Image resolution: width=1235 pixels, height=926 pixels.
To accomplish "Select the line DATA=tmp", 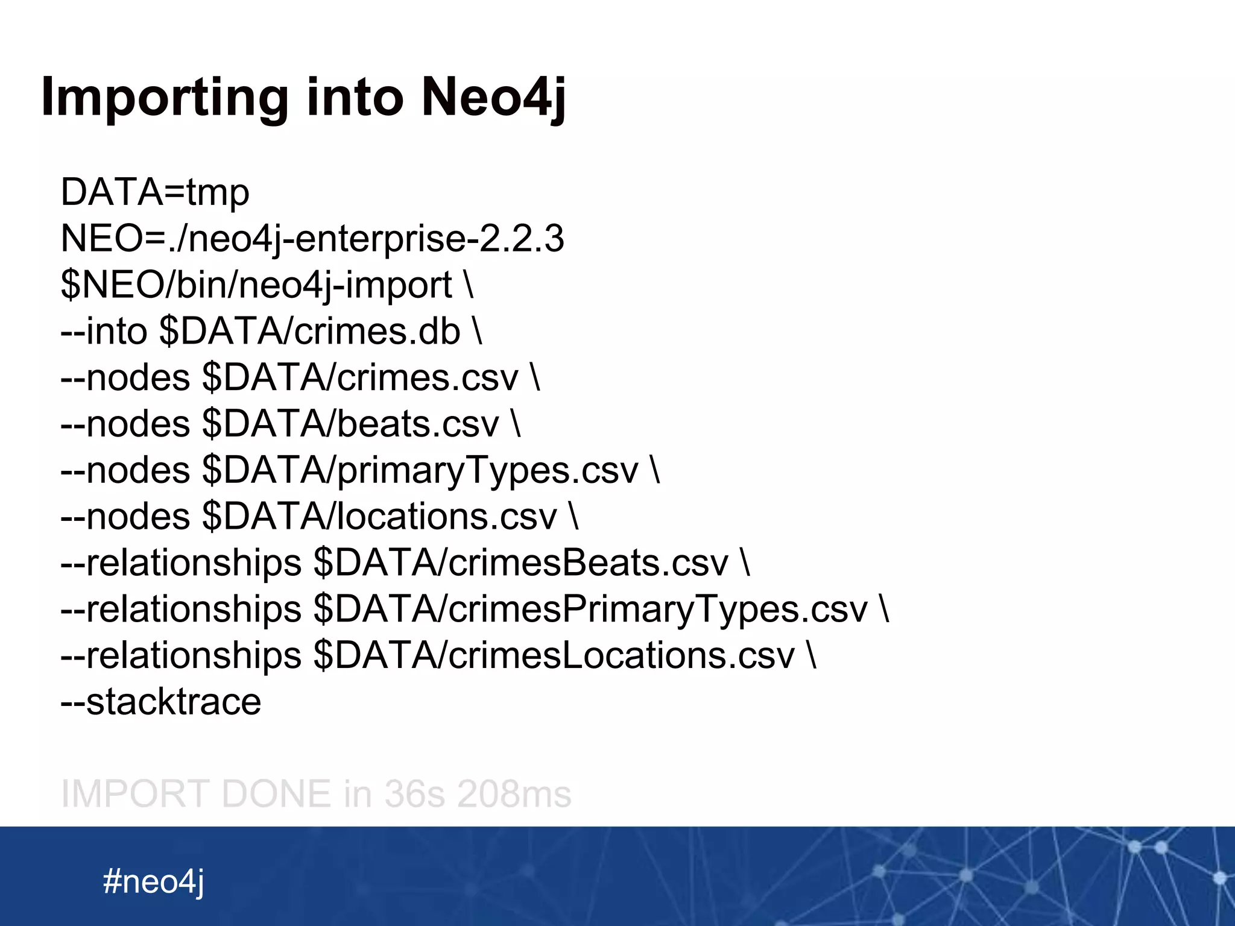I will tap(155, 193).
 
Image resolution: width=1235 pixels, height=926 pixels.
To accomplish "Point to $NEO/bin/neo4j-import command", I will tap(256, 285).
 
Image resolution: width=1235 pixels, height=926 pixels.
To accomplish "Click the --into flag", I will tap(104, 331).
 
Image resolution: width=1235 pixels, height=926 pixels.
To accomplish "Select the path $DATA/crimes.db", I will tap(310, 331).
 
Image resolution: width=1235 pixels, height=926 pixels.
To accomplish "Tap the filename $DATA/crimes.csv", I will tap(360, 377).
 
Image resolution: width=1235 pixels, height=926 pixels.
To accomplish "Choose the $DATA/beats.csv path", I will tap(350, 424).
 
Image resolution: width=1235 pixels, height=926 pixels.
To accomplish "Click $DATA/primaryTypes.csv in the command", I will tap(420, 470).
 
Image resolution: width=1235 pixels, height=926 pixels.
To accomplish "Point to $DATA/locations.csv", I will tap(379, 517).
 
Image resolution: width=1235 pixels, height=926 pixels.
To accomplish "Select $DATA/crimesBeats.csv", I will tap(521, 563).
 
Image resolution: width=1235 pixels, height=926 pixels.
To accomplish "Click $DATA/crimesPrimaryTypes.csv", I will tap(590, 609).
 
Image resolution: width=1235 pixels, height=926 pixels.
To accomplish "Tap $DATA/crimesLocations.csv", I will tap(554, 656).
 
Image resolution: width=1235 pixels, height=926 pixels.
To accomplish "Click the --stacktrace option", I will tap(161, 702).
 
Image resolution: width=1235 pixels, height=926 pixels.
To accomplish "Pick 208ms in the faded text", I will tap(514, 793).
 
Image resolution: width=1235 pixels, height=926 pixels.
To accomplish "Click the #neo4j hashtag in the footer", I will tap(154, 881).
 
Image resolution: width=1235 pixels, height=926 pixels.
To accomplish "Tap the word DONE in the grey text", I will tap(276, 793).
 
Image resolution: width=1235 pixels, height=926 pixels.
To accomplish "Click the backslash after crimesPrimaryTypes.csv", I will tap(884, 609).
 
